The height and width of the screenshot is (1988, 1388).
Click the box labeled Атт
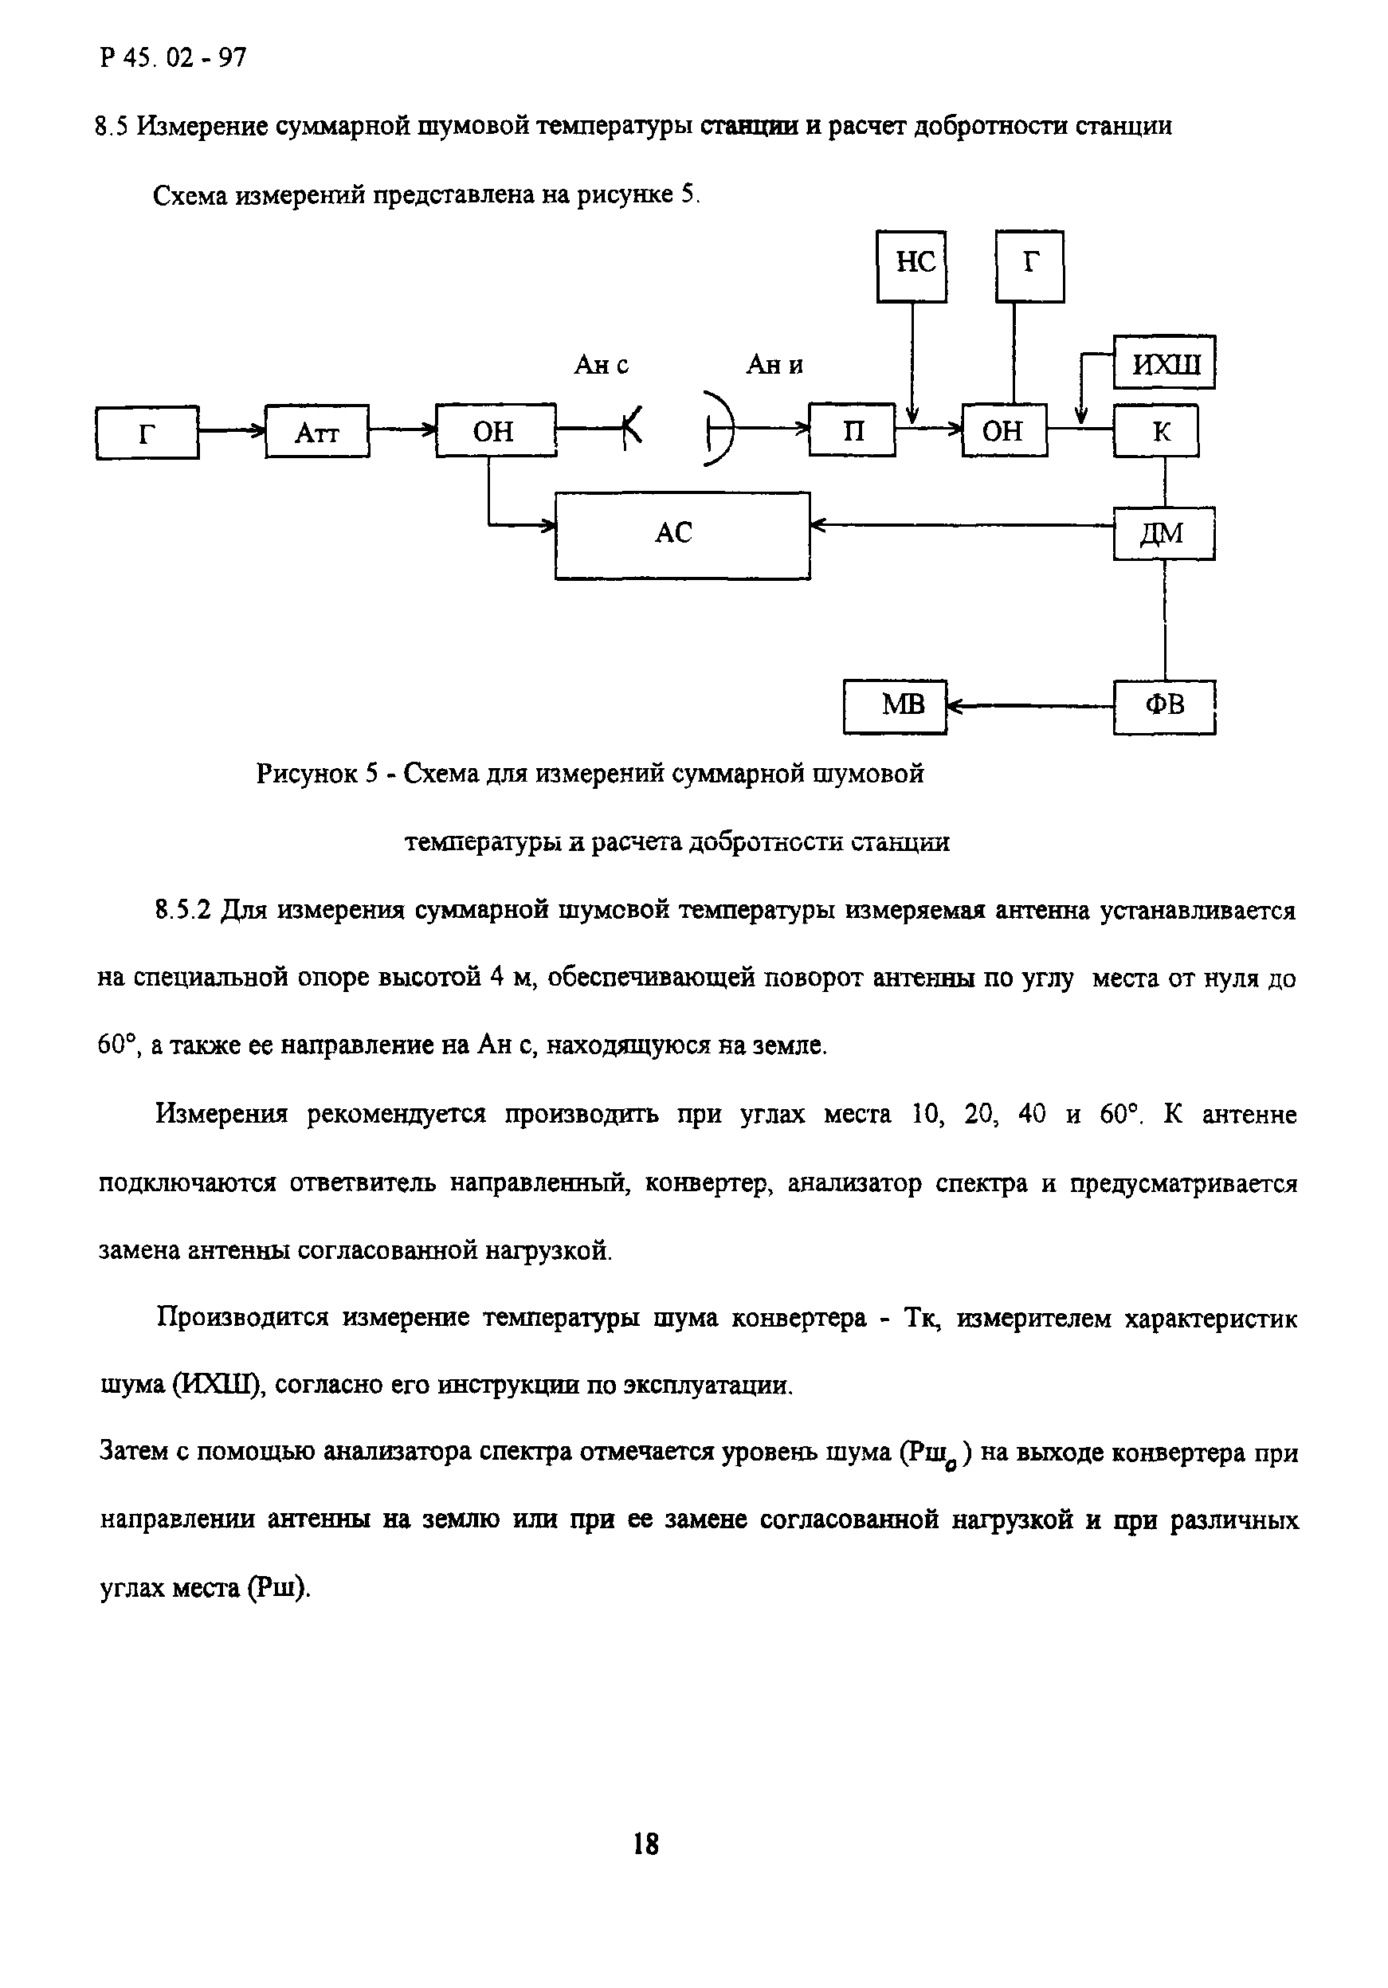pos(317,431)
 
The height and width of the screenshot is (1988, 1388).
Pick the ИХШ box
pos(1164,363)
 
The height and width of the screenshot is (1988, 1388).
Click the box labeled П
pos(852,429)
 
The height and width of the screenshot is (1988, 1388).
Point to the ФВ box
pos(1164,707)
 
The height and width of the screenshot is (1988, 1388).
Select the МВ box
pos(895,707)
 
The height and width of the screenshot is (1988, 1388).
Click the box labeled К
pos(1156,430)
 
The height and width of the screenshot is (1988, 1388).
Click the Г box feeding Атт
pos(147,431)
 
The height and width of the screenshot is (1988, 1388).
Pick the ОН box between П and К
pos(1003,430)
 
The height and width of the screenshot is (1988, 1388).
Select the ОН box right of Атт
pos(496,430)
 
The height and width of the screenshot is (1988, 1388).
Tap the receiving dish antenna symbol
pos(719,429)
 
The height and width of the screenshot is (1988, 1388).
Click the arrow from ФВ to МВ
pos(1029,707)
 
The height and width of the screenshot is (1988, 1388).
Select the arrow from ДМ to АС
pos(961,523)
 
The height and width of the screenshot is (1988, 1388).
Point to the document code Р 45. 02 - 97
pos(173,58)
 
